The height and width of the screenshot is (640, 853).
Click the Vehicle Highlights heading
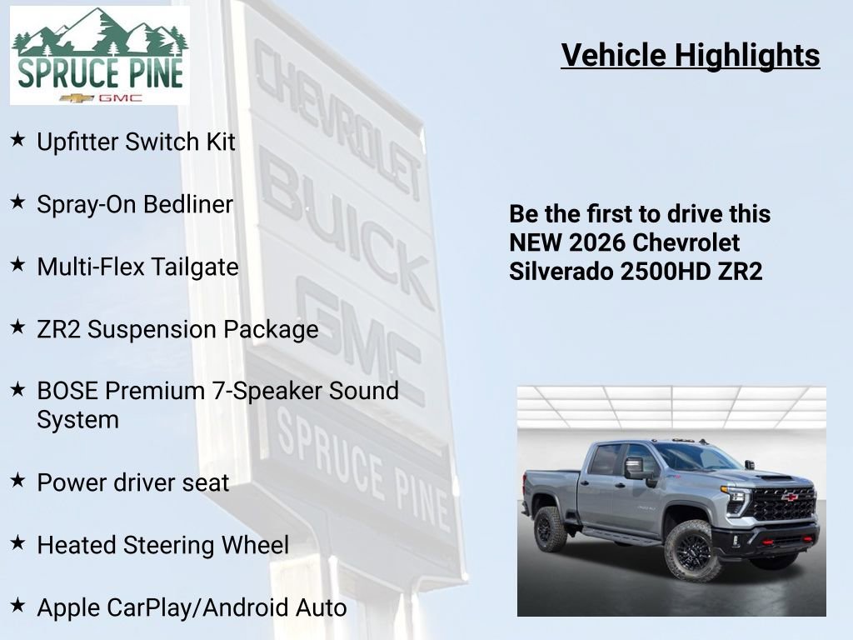pos(691,56)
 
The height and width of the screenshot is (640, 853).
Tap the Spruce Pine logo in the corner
pos(100,56)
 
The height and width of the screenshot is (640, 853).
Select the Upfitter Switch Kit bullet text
pos(136,142)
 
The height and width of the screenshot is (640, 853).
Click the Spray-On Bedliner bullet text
pos(135,204)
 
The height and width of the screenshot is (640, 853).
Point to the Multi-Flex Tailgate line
pos(137,267)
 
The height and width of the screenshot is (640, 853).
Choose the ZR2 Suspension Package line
pos(177,329)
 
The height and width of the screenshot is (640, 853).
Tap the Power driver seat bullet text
pos(132,482)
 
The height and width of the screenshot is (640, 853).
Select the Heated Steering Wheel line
pos(162,545)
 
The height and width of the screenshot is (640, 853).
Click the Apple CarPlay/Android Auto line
pos(192,607)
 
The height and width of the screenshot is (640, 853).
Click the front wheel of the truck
pos(692,551)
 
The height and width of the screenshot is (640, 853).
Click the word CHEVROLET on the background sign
pos(337,117)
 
